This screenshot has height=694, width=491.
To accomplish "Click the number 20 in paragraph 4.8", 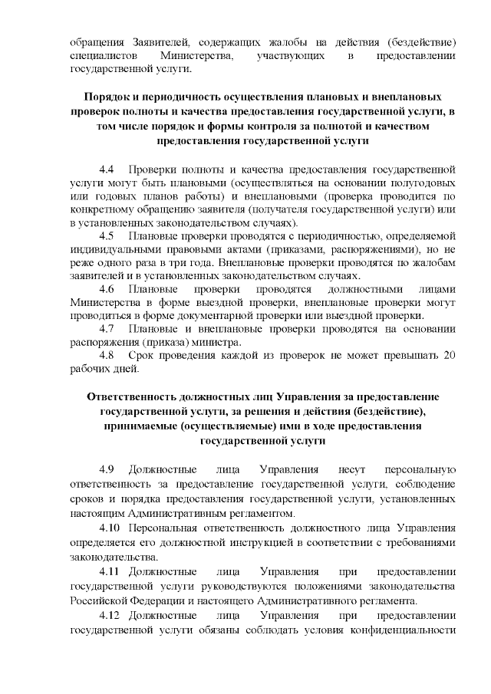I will [451, 356].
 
